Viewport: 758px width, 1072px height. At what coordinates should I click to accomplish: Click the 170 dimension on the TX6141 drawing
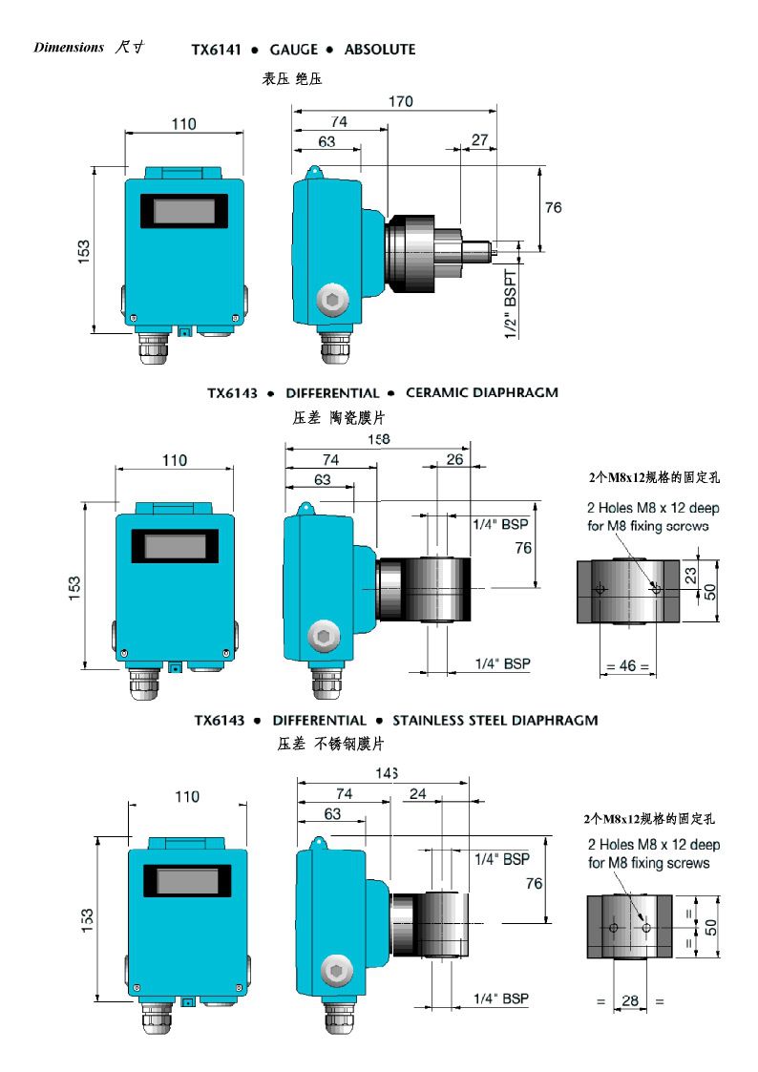click(x=400, y=101)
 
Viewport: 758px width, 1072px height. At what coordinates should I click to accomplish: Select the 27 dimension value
click(x=479, y=140)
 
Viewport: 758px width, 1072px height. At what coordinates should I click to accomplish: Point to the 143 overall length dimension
click(x=386, y=773)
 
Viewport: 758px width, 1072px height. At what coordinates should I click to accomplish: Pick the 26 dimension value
click(x=454, y=460)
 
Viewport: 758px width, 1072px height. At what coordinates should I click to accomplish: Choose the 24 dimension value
click(x=418, y=794)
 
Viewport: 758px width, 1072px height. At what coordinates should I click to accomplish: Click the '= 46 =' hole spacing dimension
click(x=627, y=666)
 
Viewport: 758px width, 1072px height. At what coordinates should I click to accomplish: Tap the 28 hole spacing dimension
click(x=630, y=1000)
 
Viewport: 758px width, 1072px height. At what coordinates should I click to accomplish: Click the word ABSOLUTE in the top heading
click(x=380, y=50)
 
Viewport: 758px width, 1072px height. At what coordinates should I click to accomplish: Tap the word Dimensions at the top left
click(x=68, y=48)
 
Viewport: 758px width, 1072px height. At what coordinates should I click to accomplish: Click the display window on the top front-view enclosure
click(x=185, y=211)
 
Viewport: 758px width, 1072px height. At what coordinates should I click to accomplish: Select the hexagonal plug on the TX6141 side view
click(x=332, y=301)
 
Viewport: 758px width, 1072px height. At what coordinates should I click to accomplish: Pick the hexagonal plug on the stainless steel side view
click(x=335, y=970)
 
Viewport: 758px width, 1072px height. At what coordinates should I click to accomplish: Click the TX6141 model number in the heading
click(x=216, y=50)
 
